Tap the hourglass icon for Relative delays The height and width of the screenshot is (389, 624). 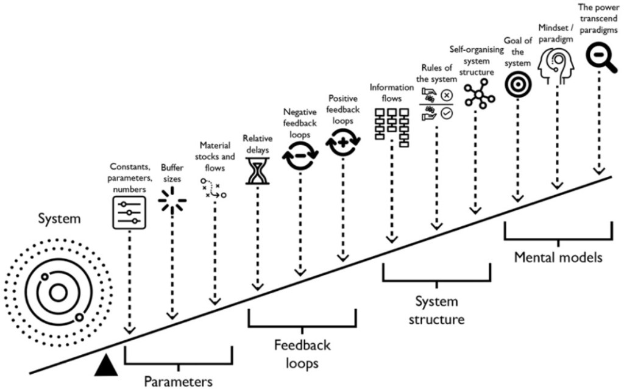click(257, 170)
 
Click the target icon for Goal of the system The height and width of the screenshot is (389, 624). click(517, 84)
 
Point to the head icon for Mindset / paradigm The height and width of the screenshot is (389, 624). click(555, 63)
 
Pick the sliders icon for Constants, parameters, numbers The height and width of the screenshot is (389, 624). click(128, 213)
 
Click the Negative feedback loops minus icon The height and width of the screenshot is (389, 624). click(299, 156)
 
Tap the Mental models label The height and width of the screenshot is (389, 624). click(558, 257)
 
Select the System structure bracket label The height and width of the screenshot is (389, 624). click(436, 310)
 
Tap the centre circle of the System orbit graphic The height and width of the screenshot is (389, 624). click(58, 293)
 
